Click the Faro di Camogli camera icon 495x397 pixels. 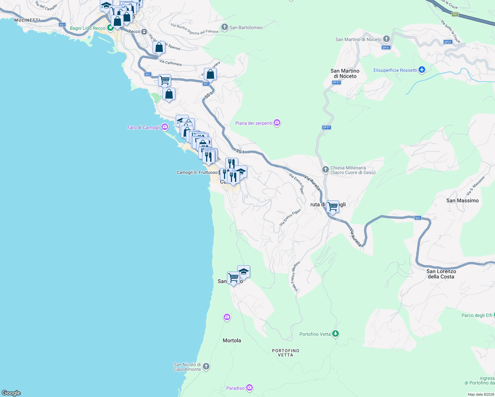(x=164, y=127)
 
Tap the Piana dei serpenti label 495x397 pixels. (x=253, y=123)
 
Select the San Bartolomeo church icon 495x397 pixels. (x=225, y=27)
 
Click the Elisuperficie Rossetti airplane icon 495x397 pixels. (x=421, y=70)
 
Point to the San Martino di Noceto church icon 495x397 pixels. (x=386, y=39)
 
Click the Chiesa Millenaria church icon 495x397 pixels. (x=326, y=170)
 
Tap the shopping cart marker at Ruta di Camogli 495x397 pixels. (x=333, y=207)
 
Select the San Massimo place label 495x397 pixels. (x=462, y=200)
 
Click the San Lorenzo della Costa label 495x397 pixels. (x=441, y=274)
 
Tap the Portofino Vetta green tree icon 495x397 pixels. (x=336, y=333)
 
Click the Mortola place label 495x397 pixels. (x=232, y=340)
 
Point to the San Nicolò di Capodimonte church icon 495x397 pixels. (x=206, y=366)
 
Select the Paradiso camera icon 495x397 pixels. (x=249, y=388)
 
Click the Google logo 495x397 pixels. (x=11, y=393)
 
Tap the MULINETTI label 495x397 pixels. (x=27, y=20)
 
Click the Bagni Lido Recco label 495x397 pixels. (x=87, y=28)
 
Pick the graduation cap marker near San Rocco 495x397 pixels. (x=244, y=272)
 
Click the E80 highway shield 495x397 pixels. (x=455, y=14)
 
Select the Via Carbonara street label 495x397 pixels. (x=170, y=63)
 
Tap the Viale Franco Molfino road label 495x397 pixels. (x=295, y=277)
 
